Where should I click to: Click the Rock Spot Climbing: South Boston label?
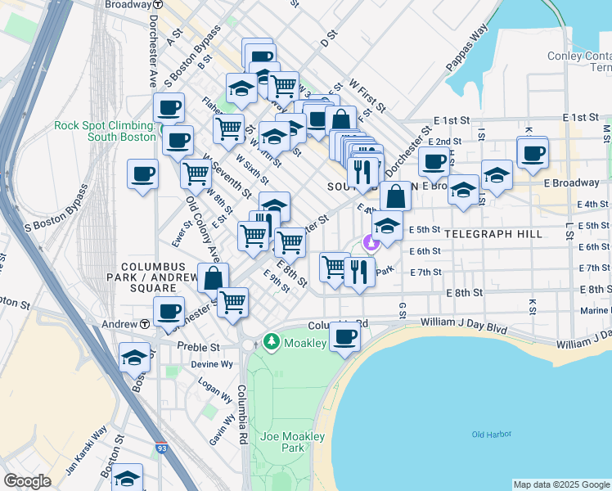tap(105, 131)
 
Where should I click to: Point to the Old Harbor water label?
tap(489, 435)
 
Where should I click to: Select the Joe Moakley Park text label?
tap(282, 442)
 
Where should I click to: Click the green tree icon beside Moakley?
tap(272, 340)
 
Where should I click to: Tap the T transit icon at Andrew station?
tap(144, 324)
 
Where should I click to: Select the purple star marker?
tap(371, 242)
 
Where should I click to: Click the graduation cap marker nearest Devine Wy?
tap(135, 358)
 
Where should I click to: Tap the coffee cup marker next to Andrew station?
tap(169, 312)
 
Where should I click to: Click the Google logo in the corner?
tap(28, 481)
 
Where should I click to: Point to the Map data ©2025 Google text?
tap(561, 484)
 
